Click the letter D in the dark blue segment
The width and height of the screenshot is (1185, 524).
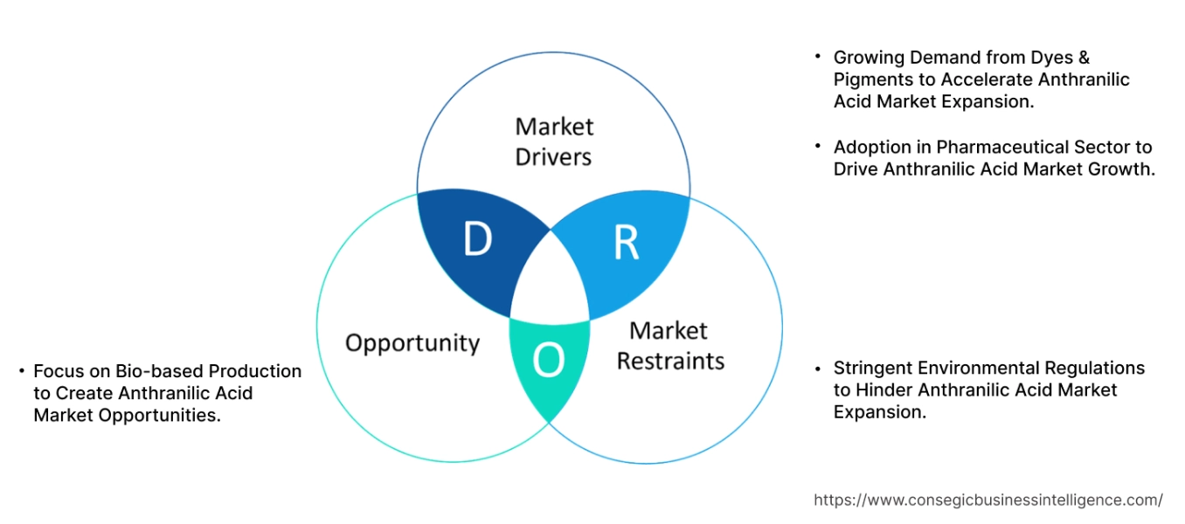click(x=477, y=240)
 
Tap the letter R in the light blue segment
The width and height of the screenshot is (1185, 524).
click(x=626, y=245)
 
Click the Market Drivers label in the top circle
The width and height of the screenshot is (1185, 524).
click(x=553, y=141)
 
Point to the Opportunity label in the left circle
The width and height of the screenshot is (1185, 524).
click(x=412, y=342)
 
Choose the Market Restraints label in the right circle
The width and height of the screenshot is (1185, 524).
click(x=670, y=346)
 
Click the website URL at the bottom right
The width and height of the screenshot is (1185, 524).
click(x=987, y=500)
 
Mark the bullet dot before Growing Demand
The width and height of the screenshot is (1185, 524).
click(x=818, y=57)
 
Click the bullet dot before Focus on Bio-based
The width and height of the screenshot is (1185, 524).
click(x=21, y=371)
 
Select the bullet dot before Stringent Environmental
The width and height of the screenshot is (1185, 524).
click(x=818, y=369)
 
